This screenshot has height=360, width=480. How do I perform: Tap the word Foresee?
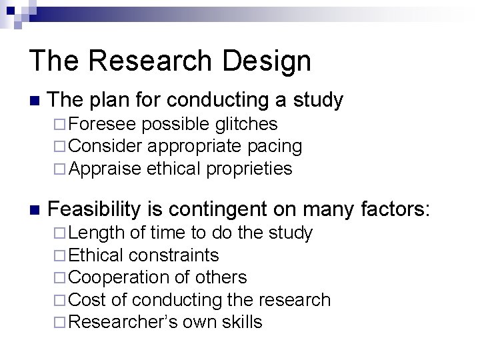[x=103, y=124]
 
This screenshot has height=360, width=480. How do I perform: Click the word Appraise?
[x=105, y=169]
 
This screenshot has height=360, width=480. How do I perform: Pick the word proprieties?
[x=249, y=169]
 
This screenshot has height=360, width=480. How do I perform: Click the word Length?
[x=96, y=233]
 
